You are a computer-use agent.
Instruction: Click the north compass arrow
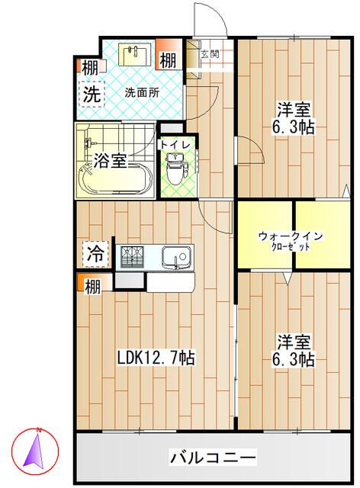pos(34,450)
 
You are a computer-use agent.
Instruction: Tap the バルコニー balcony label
pos(213,457)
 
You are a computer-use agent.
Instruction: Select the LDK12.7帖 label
pos(156,358)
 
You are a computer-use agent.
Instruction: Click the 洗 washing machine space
pos(92,95)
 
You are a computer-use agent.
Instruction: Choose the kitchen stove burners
pos(134,256)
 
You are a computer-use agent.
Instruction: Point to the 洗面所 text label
pos(142,93)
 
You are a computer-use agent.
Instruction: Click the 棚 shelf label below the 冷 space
pos(92,287)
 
